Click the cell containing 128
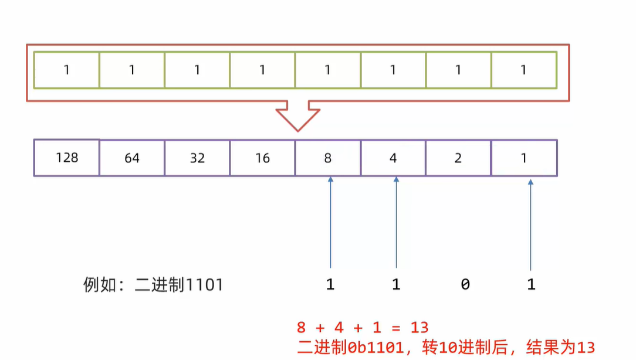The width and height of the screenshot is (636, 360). pyautogui.click(x=67, y=157)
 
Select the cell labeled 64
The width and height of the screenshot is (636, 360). pyautogui.click(x=132, y=158)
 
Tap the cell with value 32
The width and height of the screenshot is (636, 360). pyautogui.click(x=197, y=158)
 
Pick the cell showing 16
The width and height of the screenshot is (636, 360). pyautogui.click(x=262, y=158)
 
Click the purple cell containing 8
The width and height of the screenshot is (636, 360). pyautogui.click(x=327, y=158)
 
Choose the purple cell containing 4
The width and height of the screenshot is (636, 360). pyautogui.click(x=393, y=158)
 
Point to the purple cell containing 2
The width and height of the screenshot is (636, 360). pyautogui.click(x=458, y=158)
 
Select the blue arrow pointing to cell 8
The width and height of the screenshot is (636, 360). pyautogui.click(x=330, y=223)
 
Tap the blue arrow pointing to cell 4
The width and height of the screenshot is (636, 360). pyautogui.click(x=396, y=223)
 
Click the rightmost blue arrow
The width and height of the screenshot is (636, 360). pyautogui.click(x=531, y=223)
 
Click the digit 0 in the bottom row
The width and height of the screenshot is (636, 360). pyautogui.click(x=465, y=286)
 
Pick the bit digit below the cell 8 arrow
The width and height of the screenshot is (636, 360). pyautogui.click(x=330, y=286)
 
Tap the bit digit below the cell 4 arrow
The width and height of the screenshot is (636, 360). pyautogui.click(x=396, y=286)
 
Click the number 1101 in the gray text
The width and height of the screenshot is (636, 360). pyautogui.click(x=204, y=286)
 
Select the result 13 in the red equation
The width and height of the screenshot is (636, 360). pyautogui.click(x=420, y=327)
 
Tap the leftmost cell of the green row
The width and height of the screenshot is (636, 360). pyautogui.click(x=67, y=70)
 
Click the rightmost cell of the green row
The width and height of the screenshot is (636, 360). pyautogui.click(x=523, y=70)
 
